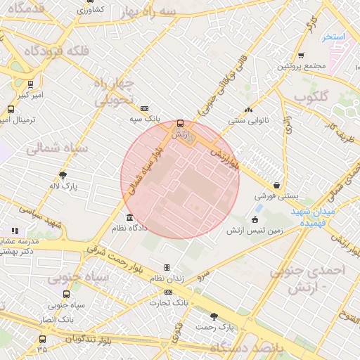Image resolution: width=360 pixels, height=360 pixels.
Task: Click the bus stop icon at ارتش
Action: (180, 122)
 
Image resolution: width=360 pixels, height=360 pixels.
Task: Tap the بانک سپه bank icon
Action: (144, 109)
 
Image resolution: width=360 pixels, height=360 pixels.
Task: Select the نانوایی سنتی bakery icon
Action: (247, 110)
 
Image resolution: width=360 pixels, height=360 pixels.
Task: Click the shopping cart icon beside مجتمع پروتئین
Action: (301, 56)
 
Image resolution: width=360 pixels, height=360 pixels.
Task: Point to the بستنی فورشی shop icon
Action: (277, 186)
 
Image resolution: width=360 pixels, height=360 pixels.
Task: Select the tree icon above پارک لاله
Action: (63, 175)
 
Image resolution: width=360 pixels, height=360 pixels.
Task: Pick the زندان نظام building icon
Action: (167, 267)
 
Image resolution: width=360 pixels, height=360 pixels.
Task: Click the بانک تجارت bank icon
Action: (167, 292)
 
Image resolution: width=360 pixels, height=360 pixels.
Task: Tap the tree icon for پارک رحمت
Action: (214, 316)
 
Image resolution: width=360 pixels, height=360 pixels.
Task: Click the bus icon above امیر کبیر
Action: (30, 84)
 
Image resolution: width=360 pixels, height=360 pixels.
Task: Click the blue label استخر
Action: (334, 35)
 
